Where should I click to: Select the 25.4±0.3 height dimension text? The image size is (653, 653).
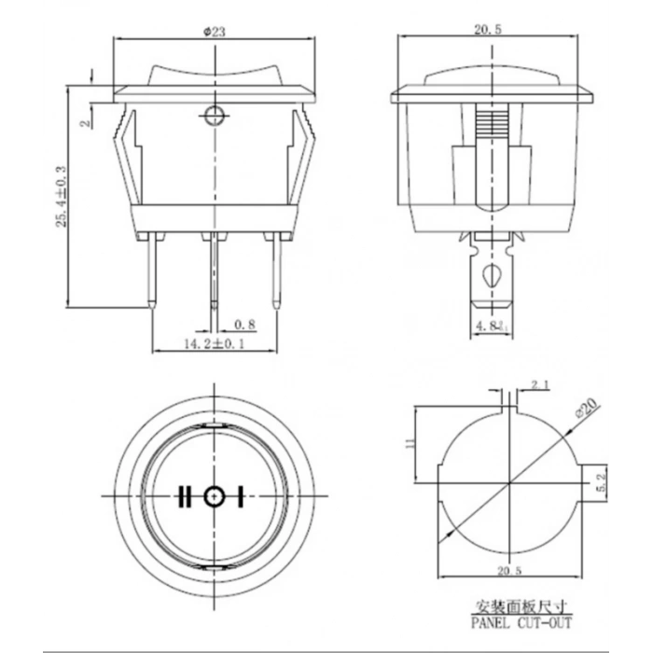(x=62, y=196)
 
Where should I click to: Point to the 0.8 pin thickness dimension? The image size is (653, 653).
(x=244, y=325)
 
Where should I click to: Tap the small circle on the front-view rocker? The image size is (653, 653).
(x=215, y=117)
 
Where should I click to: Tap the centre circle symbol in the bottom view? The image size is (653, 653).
(x=215, y=495)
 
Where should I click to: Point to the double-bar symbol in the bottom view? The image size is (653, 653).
(x=185, y=495)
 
